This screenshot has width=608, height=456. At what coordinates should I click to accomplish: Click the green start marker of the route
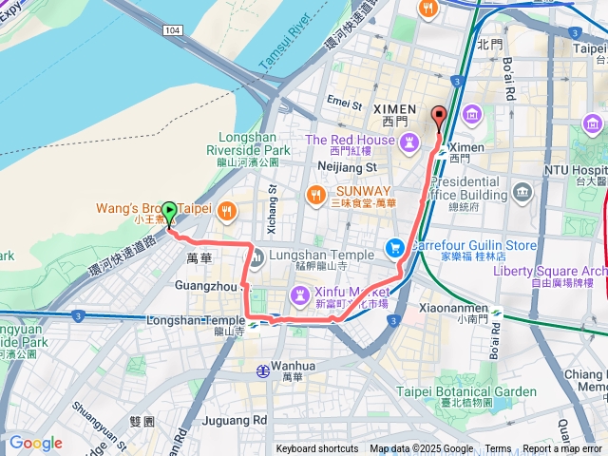pos(169,212)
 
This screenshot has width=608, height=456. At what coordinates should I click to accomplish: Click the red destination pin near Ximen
pos(438,118)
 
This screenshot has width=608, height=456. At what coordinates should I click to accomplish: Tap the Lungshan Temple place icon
pos(256,256)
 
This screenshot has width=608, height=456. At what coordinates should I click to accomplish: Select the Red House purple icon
pos(409,142)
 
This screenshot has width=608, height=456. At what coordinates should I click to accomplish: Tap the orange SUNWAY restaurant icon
pos(315,195)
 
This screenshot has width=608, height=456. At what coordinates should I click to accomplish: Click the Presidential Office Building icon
pos(522,193)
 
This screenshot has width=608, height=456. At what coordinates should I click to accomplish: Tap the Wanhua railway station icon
pos(262,370)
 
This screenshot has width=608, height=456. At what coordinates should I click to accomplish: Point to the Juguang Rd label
pos(234,419)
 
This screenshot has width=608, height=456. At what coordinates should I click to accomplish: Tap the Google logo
pos(35,443)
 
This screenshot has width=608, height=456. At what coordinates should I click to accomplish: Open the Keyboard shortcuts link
pos(317,449)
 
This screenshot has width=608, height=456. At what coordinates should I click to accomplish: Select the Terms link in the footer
pos(498,449)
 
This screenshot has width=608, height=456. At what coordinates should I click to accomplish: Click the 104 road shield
pos(171,31)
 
